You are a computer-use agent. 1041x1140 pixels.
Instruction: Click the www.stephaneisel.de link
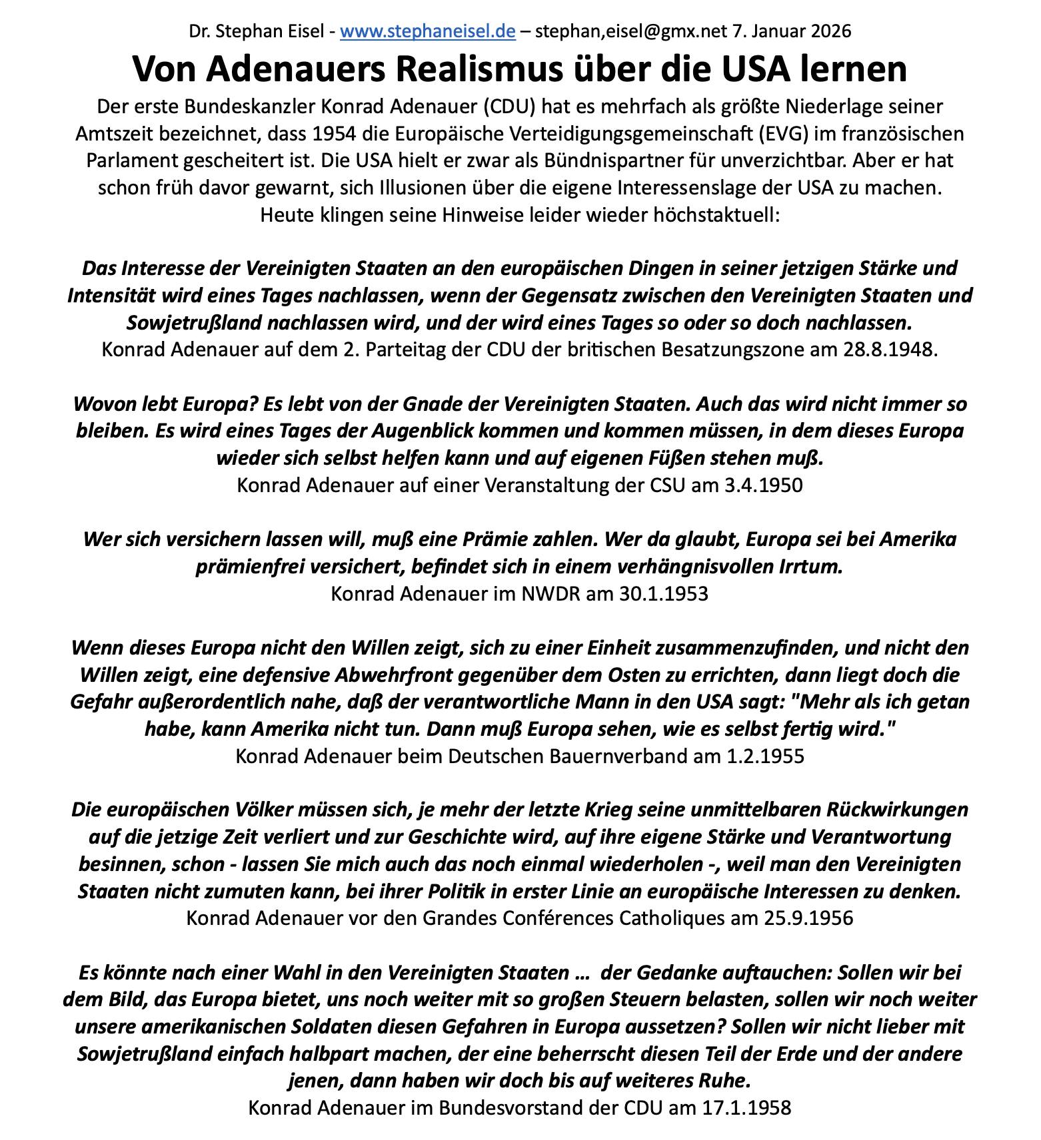click(x=427, y=31)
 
